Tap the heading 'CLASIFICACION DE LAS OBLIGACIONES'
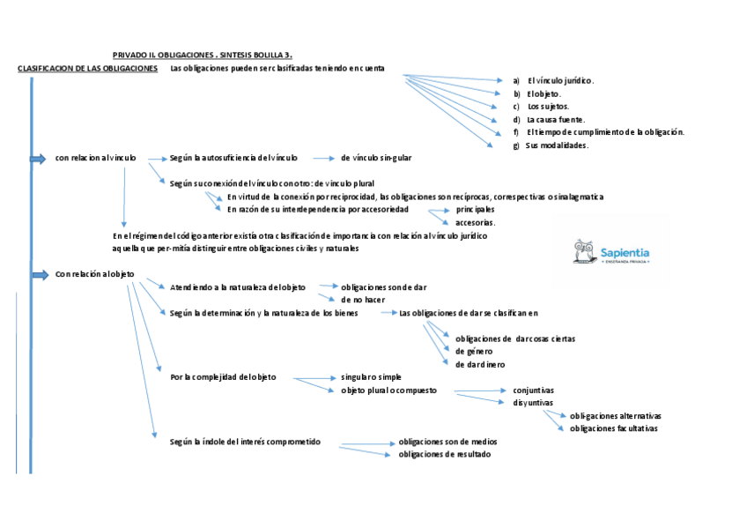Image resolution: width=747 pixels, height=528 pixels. coord(88,68)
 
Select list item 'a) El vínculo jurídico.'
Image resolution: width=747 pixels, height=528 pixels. coord(553,80)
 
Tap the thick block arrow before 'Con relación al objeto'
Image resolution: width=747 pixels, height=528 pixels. coord(39,275)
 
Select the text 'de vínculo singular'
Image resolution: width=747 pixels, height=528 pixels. coord(376,158)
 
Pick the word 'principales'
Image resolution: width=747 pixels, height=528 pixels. coord(475,210)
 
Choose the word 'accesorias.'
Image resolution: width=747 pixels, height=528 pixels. coord(475,223)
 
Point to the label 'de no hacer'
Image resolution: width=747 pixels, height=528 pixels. coord(363,300)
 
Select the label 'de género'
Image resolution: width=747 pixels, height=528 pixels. coord(474,351)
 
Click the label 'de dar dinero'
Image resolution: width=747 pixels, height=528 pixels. coord(480,364)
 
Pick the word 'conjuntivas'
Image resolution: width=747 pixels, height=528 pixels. coord(533,390)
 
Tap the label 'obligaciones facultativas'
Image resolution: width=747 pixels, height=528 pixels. coord(614,428)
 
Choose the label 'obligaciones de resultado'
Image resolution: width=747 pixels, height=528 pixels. coord(445,454)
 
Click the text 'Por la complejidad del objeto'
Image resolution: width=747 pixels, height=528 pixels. coord(223,377)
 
